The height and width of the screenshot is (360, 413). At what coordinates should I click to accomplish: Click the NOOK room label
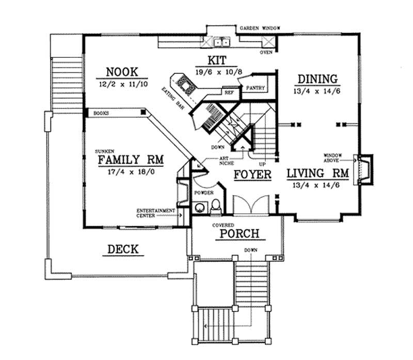122,71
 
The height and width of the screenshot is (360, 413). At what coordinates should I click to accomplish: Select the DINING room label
317,79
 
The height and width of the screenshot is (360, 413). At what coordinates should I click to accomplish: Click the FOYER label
252,175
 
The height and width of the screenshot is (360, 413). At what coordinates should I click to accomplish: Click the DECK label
123,249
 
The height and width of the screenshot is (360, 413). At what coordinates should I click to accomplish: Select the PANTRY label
255,88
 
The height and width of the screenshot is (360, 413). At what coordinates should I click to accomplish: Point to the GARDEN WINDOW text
258,28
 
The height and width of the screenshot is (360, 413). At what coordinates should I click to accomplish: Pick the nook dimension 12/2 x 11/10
122,83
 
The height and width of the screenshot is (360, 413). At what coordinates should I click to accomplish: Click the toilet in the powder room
217,206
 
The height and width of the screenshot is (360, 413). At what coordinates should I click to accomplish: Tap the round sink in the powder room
199,208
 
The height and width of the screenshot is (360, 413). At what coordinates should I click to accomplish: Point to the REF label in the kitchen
228,93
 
